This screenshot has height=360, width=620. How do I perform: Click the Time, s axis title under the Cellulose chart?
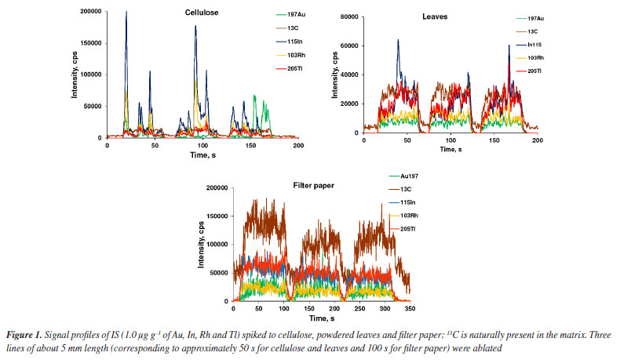pos(202,155)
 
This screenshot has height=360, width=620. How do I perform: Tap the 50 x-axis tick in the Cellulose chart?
pos(155,146)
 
